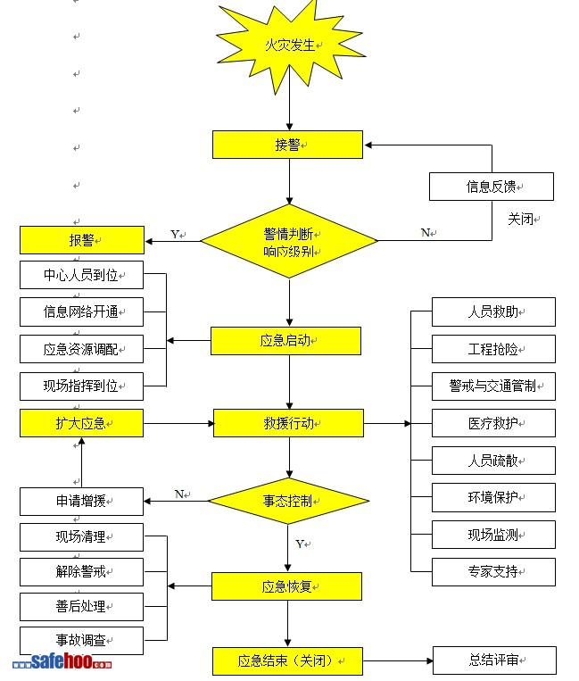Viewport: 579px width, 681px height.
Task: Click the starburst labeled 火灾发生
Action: (289, 46)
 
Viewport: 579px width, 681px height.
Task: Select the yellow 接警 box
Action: (287, 145)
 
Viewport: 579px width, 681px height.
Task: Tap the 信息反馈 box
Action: (491, 187)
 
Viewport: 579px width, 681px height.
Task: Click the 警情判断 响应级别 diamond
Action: (289, 241)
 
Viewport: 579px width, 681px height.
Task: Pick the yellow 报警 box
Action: (82, 240)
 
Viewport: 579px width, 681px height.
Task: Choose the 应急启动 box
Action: (285, 341)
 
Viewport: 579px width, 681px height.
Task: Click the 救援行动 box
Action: (288, 423)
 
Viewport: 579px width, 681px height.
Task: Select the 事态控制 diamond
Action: (288, 501)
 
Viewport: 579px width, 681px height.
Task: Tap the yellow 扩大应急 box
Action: (82, 423)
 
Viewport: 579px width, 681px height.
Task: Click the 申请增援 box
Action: (82, 501)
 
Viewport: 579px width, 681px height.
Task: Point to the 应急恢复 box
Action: (286, 586)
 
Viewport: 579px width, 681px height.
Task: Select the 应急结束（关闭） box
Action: (287, 661)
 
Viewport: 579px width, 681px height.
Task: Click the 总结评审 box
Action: (493, 660)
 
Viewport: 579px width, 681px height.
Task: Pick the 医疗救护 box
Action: (493, 422)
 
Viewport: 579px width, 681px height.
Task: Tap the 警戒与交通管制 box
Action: (493, 386)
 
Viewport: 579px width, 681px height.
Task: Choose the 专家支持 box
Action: (493, 571)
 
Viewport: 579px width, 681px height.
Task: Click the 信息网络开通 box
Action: (82, 311)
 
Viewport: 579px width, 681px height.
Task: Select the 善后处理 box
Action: (82, 606)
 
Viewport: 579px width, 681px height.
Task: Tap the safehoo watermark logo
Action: (62, 663)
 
